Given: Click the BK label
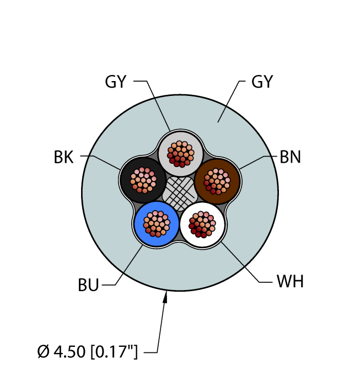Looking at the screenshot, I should point(63,157).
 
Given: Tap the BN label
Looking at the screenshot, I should point(290,157).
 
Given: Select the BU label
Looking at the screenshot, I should point(88,285).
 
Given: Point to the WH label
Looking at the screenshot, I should point(290,282).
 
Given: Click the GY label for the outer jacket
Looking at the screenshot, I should point(262,82).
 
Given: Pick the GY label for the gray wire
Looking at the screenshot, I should point(116,82).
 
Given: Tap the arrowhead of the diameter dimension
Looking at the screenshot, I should point(165,298).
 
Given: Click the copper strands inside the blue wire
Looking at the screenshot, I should point(157,223).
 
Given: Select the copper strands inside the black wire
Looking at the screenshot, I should point(144,179).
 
